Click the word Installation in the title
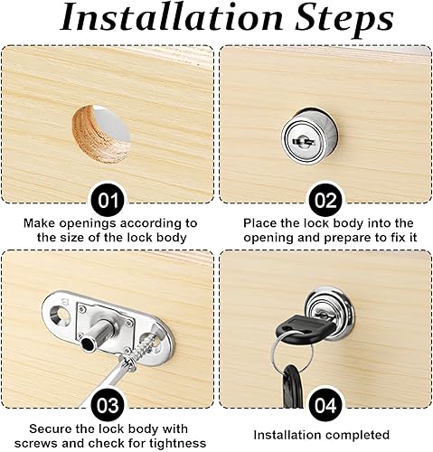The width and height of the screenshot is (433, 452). coord(172,18)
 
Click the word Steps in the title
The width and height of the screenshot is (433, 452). coord(344,21)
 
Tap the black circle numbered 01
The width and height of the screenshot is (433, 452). coord(108,200)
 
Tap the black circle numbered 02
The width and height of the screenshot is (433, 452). coord(325,200)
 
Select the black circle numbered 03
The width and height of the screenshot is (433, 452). coord(108,404)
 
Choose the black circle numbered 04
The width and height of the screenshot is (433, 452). coord(325,404)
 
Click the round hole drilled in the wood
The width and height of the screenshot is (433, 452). coord(101,135)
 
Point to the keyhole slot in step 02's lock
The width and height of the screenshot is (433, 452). coord(303,140)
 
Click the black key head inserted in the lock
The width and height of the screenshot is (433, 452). coord(305,328)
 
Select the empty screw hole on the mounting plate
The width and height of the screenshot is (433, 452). coord(61,315)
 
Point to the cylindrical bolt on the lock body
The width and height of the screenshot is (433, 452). coord(95,334)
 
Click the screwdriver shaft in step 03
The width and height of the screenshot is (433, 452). coord(106,379)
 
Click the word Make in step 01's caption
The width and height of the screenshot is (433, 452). coord(39,223)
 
